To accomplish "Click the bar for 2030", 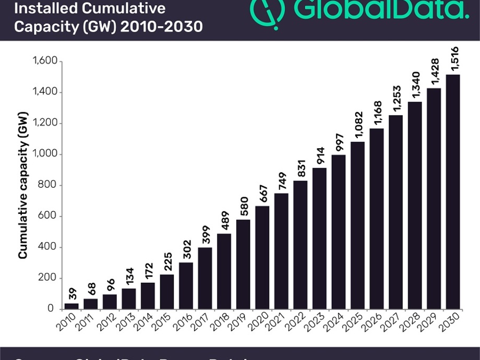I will coord(453,191).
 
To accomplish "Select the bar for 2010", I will coord(71,306).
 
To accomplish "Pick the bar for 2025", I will coord(358,225).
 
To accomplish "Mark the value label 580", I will coord(243,207).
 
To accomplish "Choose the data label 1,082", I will coord(358,126).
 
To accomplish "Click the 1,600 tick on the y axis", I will coord(44,62).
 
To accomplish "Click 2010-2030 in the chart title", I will coord(161,26).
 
